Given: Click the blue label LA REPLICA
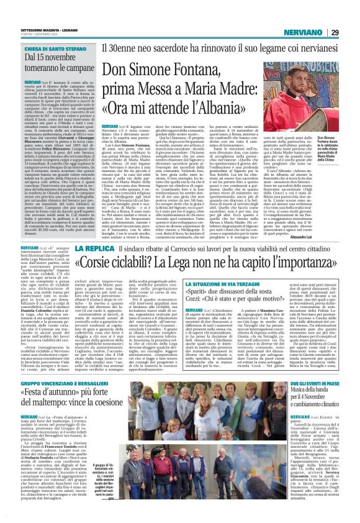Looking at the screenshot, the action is point(92,250).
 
